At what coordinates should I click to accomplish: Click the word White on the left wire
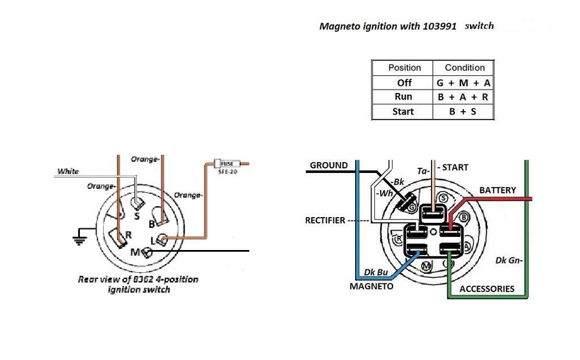(68, 171)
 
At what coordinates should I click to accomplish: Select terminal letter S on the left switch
(137, 216)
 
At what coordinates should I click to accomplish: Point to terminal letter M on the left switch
(135, 251)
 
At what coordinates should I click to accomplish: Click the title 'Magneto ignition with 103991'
(388, 26)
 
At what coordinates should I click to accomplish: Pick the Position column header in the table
(404, 67)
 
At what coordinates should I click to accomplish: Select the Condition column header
(464, 67)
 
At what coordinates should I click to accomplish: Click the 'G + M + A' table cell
(463, 83)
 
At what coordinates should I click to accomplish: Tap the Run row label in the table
(403, 97)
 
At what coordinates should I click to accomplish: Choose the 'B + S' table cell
(463, 112)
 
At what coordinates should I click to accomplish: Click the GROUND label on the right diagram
(329, 166)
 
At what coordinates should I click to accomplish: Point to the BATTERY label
(498, 190)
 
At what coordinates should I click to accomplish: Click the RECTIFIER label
(325, 220)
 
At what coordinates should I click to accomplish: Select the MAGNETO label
(371, 286)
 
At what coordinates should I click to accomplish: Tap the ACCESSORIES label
(487, 289)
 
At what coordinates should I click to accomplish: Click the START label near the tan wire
(455, 167)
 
